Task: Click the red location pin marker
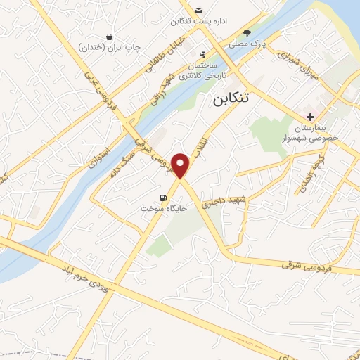(x=181, y=165)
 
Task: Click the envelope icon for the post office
(x=199, y=10)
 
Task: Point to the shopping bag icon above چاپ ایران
(x=109, y=37)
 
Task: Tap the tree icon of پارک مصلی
(x=247, y=32)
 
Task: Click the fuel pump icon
(x=164, y=198)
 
